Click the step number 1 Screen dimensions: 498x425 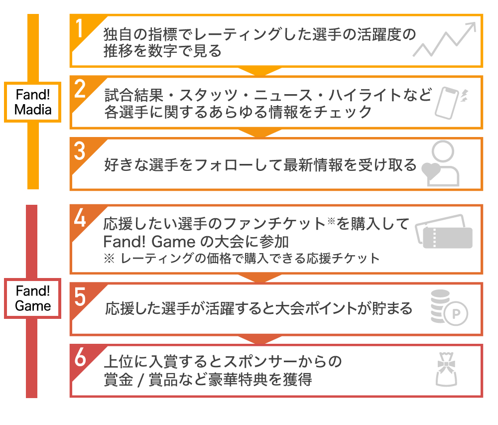pos(79,28)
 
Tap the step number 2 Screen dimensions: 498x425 pos(80,89)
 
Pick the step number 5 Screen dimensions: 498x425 pos(80,296)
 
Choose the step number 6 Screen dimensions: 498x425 pos(80,357)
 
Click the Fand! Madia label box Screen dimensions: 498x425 pos(33,102)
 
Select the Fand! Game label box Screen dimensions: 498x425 pos(33,298)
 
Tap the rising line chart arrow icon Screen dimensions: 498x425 pos(444,39)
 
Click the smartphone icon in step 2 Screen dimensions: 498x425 pos(450,103)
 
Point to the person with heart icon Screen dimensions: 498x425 pos(441,163)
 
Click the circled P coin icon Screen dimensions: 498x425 pos(449,308)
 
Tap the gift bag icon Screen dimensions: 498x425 pos(446,369)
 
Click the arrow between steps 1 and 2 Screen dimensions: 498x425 pos(260,71)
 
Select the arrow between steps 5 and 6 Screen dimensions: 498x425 pos(260,340)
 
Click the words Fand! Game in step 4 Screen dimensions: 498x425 pos(149,242)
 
